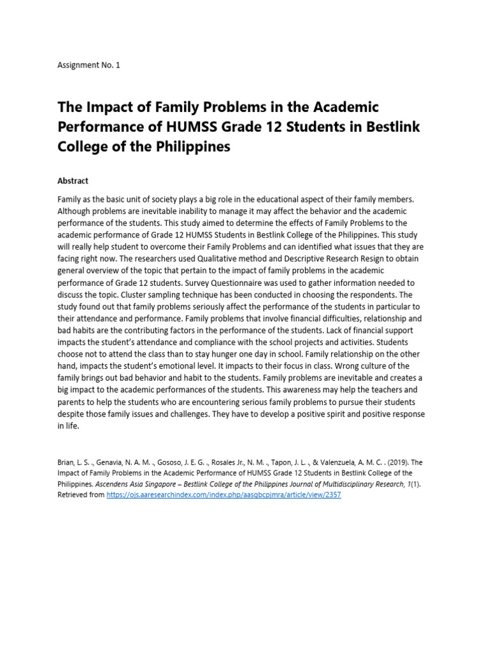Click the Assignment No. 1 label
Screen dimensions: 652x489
tap(89, 65)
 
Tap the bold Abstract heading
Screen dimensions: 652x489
tap(73, 181)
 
